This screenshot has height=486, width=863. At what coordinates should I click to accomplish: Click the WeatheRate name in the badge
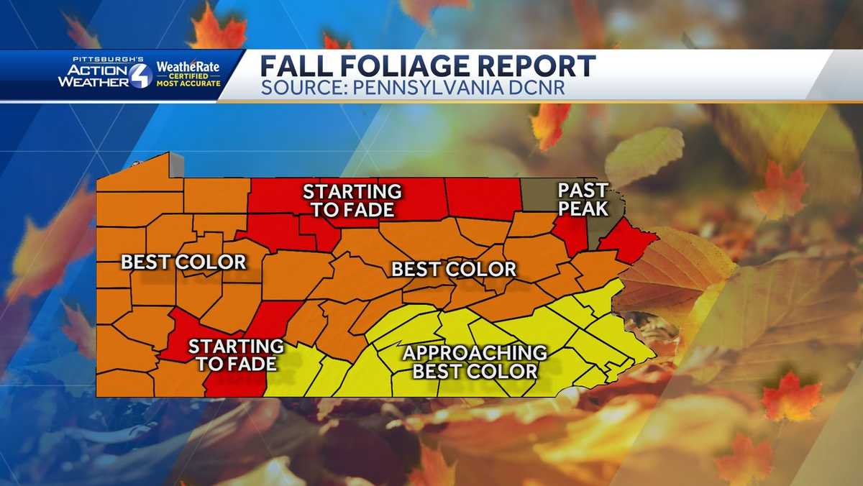click(x=188, y=67)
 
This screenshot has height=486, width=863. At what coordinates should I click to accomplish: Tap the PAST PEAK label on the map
click(x=583, y=200)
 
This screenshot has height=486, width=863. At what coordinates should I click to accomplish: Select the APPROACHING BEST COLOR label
click(x=475, y=362)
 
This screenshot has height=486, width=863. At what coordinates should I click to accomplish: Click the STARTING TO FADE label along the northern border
click(x=352, y=201)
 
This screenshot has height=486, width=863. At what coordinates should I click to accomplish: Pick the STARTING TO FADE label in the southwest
click(x=235, y=355)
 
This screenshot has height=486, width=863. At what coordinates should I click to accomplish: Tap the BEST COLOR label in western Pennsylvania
click(x=183, y=262)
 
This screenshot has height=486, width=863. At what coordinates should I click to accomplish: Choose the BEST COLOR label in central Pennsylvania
click(x=453, y=270)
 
